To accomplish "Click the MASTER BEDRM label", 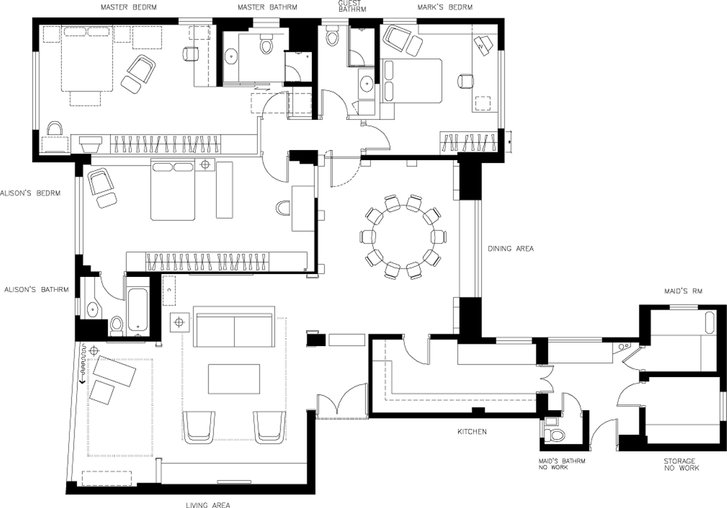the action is [x=129, y=7].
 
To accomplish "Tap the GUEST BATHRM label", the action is [x=352, y=7].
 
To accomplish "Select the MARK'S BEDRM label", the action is [x=445, y=7].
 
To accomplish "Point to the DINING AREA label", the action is [x=511, y=249].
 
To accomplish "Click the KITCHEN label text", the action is [x=472, y=432].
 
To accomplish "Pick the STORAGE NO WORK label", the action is [x=682, y=465].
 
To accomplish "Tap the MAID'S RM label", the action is [x=683, y=291].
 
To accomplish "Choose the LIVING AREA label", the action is [x=208, y=505].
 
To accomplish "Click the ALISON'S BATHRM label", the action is [x=36, y=289].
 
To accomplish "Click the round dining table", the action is [x=403, y=236].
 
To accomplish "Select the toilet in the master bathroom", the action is [x=266, y=45].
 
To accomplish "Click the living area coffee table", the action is [x=233, y=379].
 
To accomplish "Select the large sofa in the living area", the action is [x=234, y=326].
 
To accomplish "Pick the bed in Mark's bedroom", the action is [x=411, y=80].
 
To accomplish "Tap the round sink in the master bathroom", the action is [x=232, y=57].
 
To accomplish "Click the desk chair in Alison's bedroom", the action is [x=283, y=208].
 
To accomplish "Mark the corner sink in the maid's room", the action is [x=621, y=348].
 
